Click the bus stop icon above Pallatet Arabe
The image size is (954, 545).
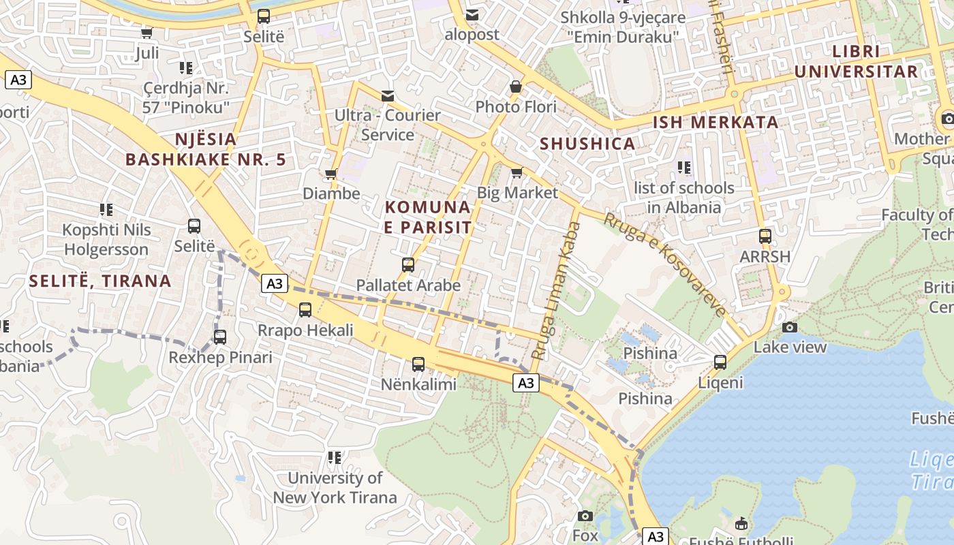pos(408,265)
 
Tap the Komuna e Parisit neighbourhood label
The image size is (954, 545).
pos(427,217)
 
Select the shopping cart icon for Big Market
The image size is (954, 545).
pos(517,172)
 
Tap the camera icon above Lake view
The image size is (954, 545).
pos(789,327)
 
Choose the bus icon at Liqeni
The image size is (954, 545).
pos(720,362)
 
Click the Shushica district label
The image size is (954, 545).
pos(587,144)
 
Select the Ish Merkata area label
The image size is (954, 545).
pos(715,123)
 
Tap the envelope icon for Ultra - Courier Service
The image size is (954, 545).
pos(388,95)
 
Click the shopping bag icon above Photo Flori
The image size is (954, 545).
pos(516,87)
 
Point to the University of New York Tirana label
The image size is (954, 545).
pos(335,487)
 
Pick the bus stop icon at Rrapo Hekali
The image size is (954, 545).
pos(305,310)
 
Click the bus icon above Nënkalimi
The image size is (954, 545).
pos(418,364)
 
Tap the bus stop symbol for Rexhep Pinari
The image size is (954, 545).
pos(220,337)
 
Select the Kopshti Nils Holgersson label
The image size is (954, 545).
pos(106,239)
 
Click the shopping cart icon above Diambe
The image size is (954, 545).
pos(331,174)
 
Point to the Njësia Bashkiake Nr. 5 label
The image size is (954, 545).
pos(205,149)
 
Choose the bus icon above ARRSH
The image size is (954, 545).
pos(765,236)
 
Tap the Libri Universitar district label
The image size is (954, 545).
pos(856,61)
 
